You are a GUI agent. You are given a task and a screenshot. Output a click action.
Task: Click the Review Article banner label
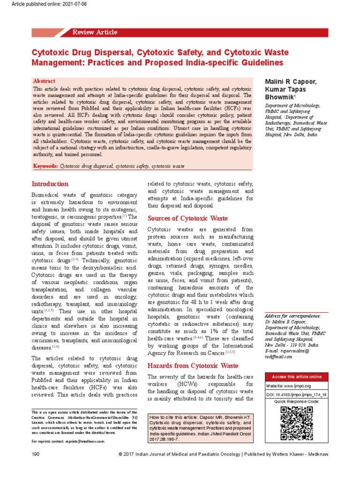tap(95, 32)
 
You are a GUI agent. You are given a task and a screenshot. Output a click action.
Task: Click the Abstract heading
tap(44, 81)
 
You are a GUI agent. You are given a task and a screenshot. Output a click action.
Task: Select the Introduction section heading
tap(50, 184)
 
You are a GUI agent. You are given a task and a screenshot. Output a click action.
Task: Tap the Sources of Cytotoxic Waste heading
tap(187, 218)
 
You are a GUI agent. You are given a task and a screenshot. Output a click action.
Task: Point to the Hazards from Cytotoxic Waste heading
tap(193, 366)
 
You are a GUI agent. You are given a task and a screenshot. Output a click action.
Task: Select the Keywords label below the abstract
tap(45, 166)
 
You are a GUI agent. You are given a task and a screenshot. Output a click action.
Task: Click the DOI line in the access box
tap(296, 395)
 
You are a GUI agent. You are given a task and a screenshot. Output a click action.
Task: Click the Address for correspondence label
tap(293, 316)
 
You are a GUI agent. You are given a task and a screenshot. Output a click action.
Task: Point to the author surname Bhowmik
tap(278, 97)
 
